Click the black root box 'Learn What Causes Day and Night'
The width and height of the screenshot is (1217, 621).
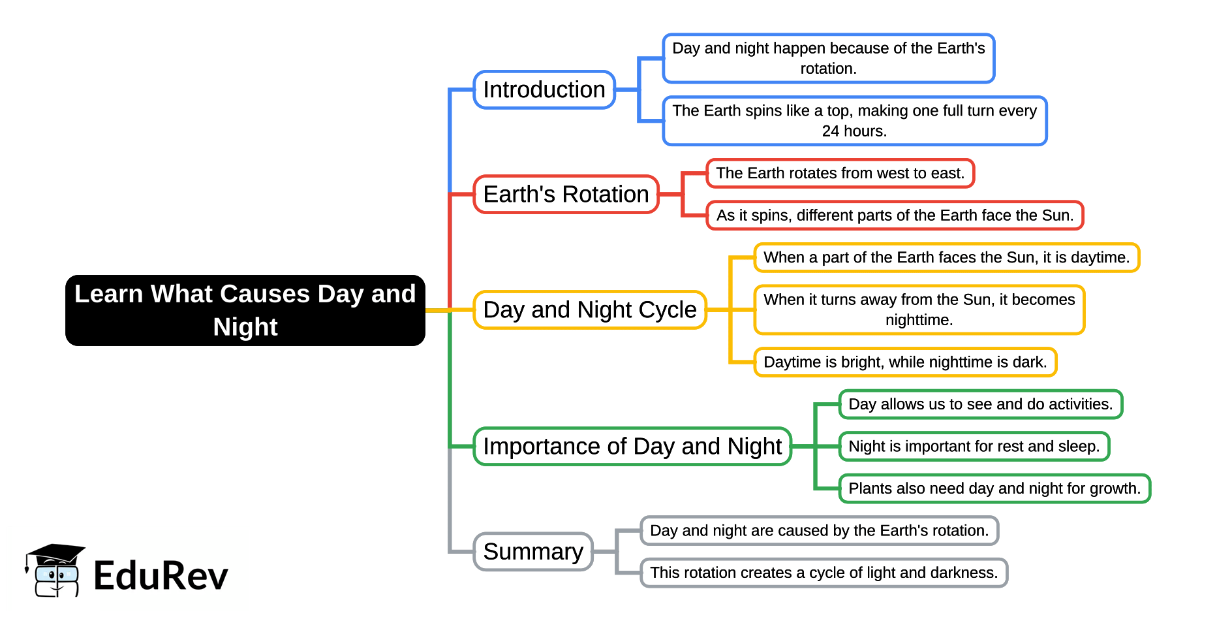(245, 310)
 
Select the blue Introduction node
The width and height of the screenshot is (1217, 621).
(544, 90)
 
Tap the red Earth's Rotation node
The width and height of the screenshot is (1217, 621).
(566, 195)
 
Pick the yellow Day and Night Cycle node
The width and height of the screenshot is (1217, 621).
(589, 310)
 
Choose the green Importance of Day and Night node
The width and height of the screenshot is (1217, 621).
(632, 447)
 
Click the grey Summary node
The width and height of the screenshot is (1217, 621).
(532, 552)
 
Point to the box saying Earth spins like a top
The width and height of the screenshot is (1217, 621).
(854, 121)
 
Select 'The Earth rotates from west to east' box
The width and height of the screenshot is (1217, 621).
(840, 173)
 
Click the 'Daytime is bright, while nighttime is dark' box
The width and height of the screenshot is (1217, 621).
(904, 362)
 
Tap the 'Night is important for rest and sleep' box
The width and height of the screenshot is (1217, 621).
(974, 447)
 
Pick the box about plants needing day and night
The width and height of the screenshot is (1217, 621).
(994, 488)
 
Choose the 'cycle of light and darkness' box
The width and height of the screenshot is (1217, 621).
(824, 573)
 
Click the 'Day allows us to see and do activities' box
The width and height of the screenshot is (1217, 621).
(980, 404)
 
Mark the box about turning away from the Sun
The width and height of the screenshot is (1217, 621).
(919, 310)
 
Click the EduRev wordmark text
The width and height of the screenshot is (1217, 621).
(161, 576)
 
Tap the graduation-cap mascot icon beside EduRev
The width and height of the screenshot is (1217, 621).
(55, 570)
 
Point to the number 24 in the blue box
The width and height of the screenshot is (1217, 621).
(830, 131)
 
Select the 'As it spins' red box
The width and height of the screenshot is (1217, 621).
(894, 215)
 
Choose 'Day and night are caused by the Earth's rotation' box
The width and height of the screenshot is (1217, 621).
(819, 531)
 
